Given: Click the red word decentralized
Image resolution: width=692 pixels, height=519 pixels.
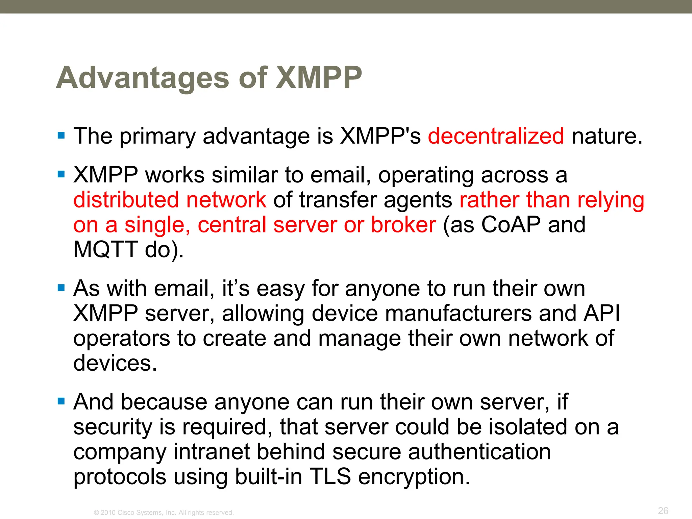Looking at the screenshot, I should pyautogui.click(x=496, y=136).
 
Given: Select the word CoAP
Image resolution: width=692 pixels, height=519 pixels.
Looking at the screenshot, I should pyautogui.click(x=511, y=225).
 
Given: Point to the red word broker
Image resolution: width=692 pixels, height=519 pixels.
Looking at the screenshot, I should pyautogui.click(x=403, y=225).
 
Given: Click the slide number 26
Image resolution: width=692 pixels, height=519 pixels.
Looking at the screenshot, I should pyautogui.click(x=663, y=511).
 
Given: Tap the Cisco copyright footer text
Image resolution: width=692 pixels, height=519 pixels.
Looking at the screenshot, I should pyautogui.click(x=164, y=513).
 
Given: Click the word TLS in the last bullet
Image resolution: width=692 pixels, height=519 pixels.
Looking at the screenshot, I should pyautogui.click(x=330, y=476).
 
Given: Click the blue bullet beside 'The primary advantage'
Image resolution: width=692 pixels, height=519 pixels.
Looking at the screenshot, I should pyautogui.click(x=61, y=136).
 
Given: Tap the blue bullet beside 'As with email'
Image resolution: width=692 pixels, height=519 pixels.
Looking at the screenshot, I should pyautogui.click(x=61, y=288).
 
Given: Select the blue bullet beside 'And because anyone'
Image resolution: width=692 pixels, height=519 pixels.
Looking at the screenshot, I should pyautogui.click(x=61, y=401).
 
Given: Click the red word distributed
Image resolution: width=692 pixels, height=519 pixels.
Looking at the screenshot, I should pyautogui.click(x=126, y=200).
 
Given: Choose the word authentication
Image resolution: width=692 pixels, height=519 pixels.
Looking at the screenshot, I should pyautogui.click(x=479, y=452).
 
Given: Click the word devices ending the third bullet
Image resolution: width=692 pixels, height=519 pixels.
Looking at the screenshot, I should pyautogui.click(x=115, y=363).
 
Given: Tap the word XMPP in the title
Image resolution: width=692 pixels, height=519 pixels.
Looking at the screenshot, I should pyautogui.click(x=319, y=78).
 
